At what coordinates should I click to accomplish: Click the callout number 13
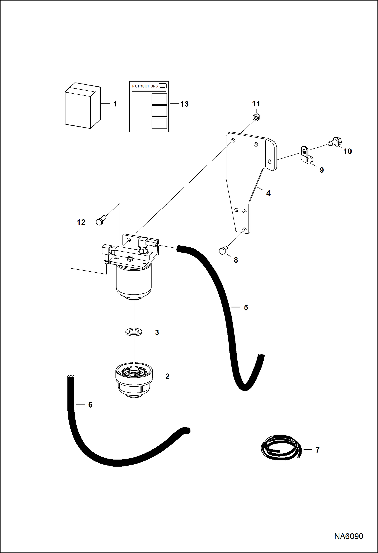184,104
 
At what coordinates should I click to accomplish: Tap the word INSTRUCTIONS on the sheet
145,86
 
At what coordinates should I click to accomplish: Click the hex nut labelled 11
256,117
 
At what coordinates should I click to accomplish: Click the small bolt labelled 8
223,251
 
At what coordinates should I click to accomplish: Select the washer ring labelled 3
134,332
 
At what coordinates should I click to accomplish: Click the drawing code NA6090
348,536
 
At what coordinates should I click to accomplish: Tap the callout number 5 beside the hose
246,307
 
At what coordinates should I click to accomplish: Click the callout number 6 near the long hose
90,405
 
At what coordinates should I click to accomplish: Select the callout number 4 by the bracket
268,193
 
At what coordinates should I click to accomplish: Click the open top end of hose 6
71,376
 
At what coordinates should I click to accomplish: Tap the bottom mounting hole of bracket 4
244,229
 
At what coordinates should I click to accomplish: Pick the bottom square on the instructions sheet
159,123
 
